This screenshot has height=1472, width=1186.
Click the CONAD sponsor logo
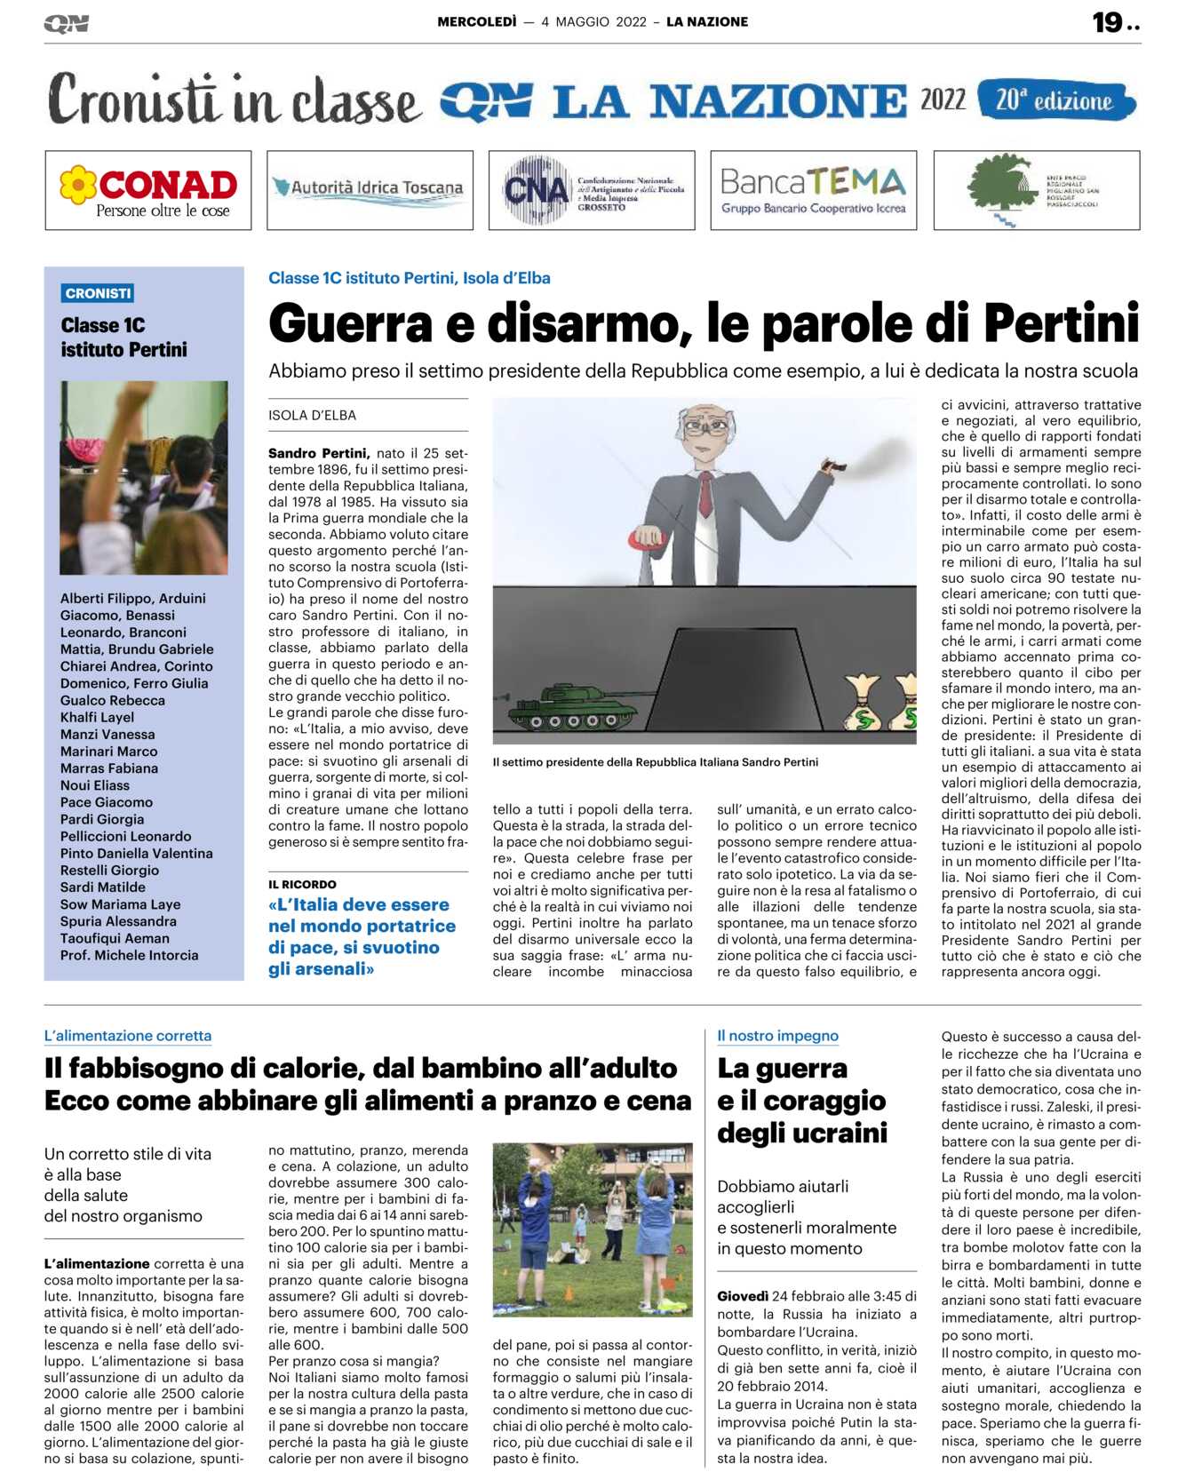coord(148,190)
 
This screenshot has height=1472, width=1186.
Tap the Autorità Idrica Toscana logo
coord(370,189)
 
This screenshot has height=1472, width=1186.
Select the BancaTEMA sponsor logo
coord(813,190)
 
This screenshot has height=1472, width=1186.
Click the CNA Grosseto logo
coord(592,190)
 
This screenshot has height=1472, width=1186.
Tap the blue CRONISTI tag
coord(98,293)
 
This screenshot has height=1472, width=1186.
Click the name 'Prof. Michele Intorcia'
coord(129,955)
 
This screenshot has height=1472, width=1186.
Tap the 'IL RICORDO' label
coord(302,884)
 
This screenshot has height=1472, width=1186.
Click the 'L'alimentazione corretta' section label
coord(128,1036)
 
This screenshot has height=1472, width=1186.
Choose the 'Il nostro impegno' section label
coord(777,1036)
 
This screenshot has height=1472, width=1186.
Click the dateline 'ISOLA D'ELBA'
coord(312,415)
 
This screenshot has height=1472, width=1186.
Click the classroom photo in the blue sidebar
coord(144,477)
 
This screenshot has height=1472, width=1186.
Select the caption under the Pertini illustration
coord(656,762)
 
